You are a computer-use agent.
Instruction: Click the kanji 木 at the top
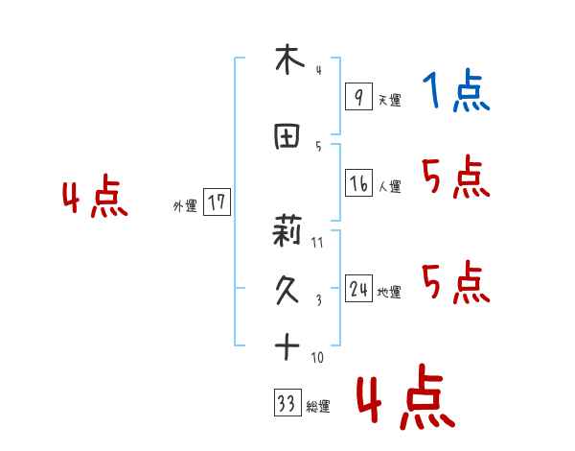click(x=287, y=60)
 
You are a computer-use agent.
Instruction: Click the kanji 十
click(x=287, y=346)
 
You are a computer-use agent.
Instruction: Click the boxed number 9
click(x=357, y=97)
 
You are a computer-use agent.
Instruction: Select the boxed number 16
click(x=358, y=182)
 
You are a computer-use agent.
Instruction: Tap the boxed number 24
click(x=358, y=290)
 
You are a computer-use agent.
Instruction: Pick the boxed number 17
click(x=217, y=203)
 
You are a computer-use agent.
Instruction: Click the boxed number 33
click(x=287, y=403)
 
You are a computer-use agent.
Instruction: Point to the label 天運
click(x=389, y=100)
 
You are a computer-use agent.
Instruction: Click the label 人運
click(x=390, y=186)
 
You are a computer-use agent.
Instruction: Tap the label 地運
click(x=389, y=293)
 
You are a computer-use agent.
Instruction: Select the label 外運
click(x=185, y=206)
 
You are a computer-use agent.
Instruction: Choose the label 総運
click(x=318, y=407)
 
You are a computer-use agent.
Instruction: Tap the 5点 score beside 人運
click(x=455, y=177)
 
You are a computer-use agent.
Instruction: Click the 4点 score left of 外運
click(x=94, y=199)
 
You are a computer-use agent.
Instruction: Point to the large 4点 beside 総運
click(x=405, y=399)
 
